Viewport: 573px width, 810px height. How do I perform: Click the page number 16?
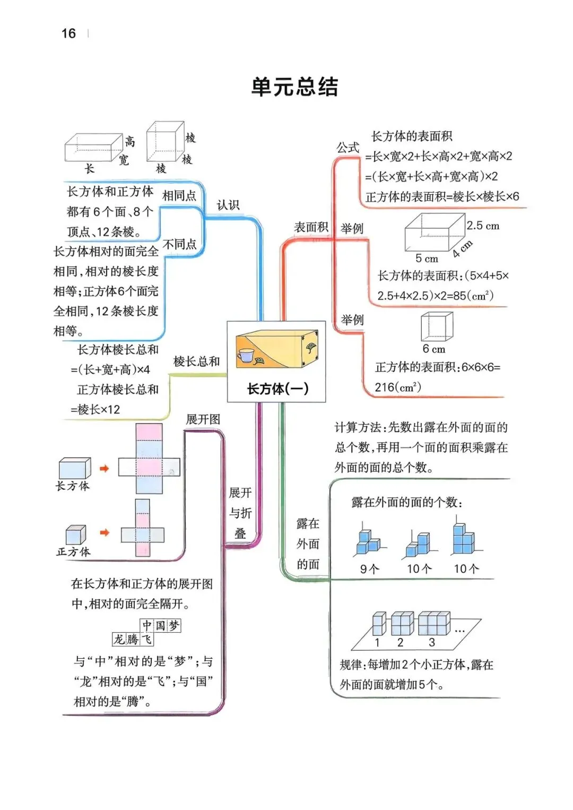tap(68, 33)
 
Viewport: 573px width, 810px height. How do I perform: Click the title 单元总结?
tap(294, 87)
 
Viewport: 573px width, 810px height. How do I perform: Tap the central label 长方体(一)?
tap(277, 389)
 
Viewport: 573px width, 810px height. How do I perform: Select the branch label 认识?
tap(228, 205)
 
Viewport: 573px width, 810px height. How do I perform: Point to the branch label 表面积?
tap(311, 227)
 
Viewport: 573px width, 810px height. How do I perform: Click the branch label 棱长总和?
tap(196, 361)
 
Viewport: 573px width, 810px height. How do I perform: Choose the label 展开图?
tap(203, 419)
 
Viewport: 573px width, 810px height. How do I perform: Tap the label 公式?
tap(348, 148)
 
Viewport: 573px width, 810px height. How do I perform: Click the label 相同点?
tap(179, 195)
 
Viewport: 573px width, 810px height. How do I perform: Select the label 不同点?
tap(179, 244)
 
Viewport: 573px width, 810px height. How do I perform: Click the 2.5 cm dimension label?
tap(483, 226)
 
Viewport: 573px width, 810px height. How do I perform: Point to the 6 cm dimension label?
tap(433, 349)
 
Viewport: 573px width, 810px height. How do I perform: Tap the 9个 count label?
tap(369, 569)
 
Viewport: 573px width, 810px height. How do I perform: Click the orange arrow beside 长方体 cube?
tap(105, 468)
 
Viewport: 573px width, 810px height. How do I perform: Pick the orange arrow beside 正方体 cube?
tap(105, 532)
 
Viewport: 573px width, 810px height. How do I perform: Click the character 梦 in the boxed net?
tap(174, 625)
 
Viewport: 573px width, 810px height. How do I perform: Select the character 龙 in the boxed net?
tap(119, 639)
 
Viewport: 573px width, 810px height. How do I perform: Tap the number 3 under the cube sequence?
tap(432, 642)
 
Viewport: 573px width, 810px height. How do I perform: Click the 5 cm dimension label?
tap(427, 258)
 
